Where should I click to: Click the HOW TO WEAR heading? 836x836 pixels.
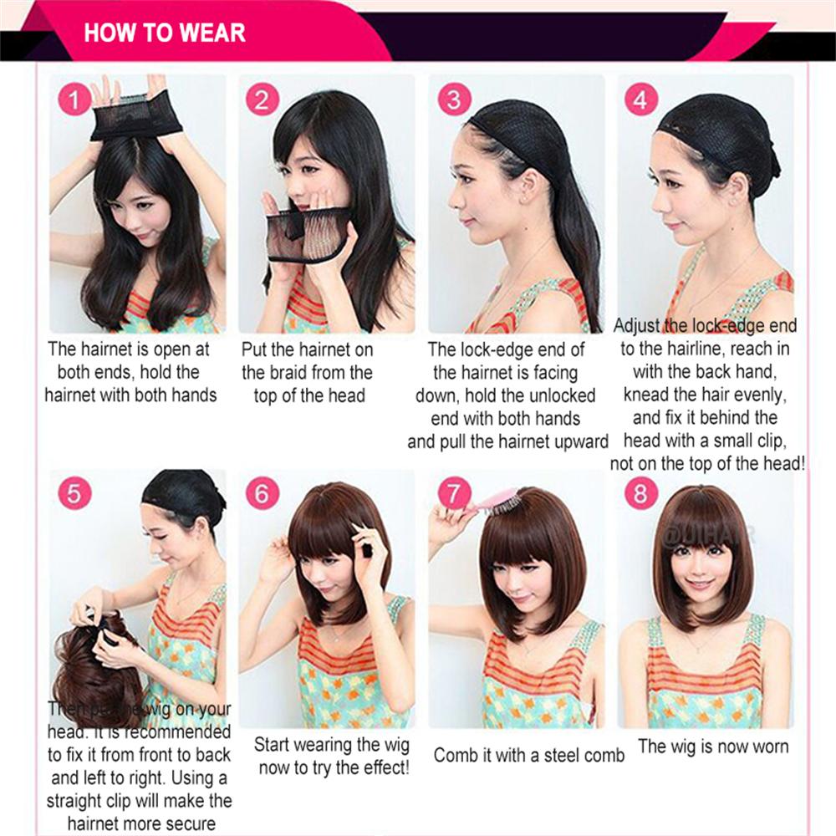click(165, 32)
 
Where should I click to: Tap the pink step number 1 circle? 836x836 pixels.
click(74, 101)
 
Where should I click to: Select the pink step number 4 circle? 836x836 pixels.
click(641, 100)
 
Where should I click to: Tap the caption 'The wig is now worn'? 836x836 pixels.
click(713, 747)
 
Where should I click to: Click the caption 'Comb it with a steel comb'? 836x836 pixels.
click(528, 756)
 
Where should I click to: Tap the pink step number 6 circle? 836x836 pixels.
click(263, 494)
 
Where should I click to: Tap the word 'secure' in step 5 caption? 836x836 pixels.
click(189, 823)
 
